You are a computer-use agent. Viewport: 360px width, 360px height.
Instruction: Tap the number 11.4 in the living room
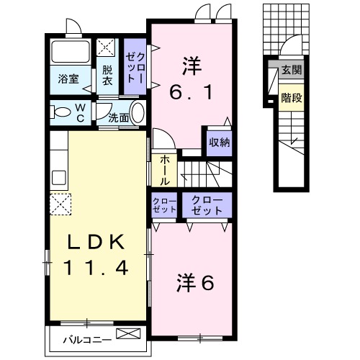tap(96, 269)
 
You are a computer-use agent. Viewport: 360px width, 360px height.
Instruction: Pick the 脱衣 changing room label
tap(107, 76)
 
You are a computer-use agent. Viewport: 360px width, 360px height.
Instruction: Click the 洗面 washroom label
tap(119, 117)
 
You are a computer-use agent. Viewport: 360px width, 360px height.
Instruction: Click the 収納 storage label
tap(219, 142)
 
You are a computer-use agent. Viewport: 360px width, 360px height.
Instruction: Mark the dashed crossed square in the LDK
tap(61, 204)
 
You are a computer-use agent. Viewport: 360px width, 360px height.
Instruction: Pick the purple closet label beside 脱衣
tap(135, 68)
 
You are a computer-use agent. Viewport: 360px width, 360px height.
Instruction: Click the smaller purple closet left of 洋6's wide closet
tap(165, 206)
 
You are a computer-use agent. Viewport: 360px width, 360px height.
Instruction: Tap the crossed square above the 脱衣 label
tap(107, 48)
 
